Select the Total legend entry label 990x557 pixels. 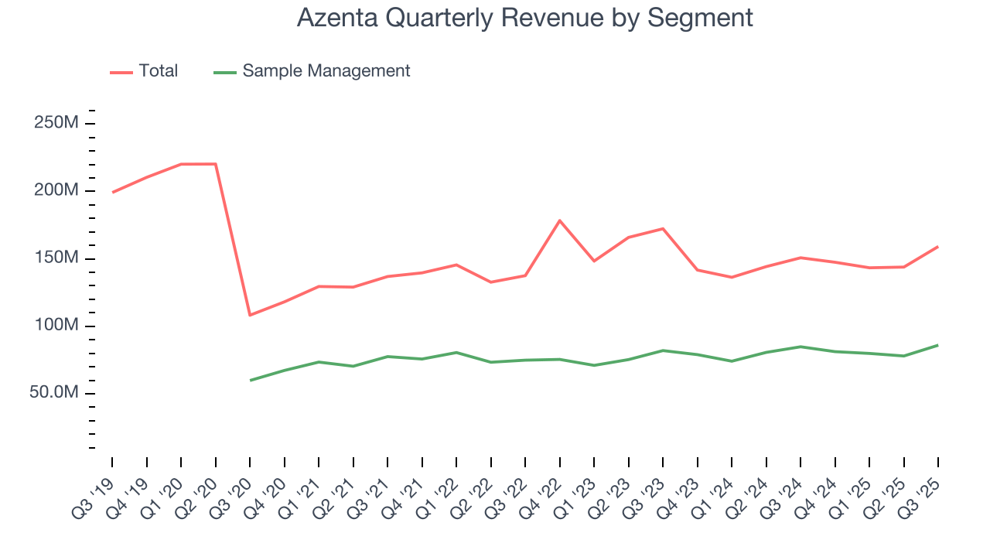click(159, 71)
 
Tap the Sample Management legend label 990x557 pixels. click(326, 71)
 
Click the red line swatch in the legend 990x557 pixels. click(121, 72)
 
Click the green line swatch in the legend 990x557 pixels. click(224, 72)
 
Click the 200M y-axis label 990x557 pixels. click(55, 191)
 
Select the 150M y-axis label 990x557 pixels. click(55, 258)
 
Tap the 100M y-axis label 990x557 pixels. click(55, 326)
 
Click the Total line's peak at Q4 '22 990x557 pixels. click(559, 220)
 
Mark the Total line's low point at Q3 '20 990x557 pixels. click(250, 315)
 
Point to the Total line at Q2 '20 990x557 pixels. click(215, 164)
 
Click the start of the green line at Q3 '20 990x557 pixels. click(250, 380)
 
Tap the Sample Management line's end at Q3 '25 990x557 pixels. click(938, 345)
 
